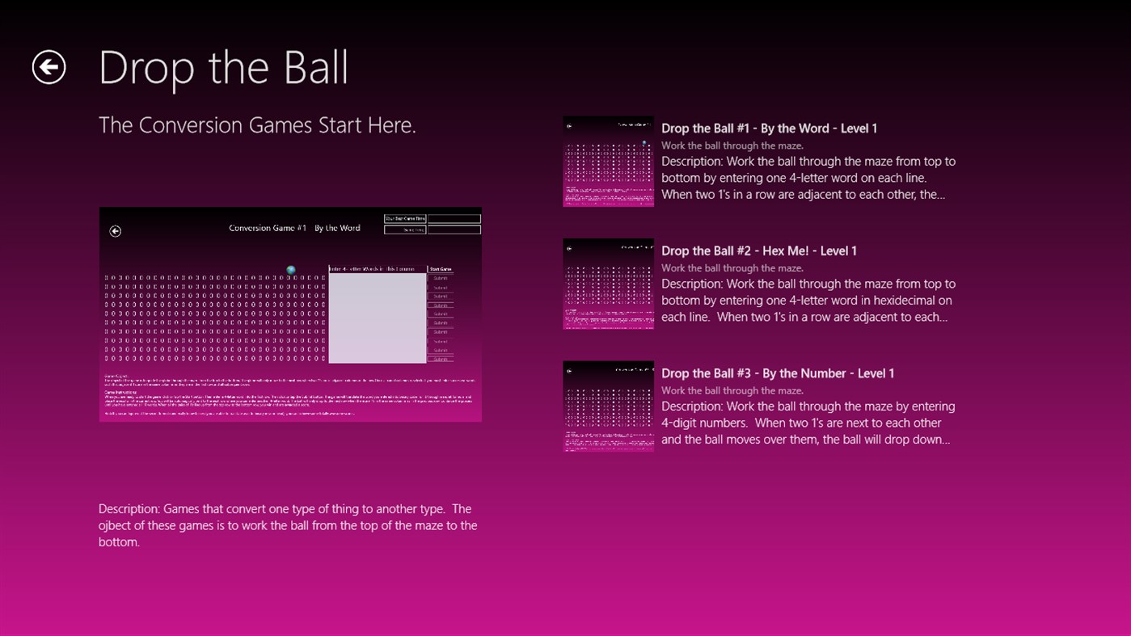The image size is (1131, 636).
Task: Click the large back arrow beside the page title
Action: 49,67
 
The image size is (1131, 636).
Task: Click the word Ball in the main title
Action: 310,68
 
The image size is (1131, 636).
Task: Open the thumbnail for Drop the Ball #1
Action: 608,161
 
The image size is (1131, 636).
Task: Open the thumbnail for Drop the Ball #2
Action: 608,284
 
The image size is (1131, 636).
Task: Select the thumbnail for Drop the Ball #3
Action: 608,406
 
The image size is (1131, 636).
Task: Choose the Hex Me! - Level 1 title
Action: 809,251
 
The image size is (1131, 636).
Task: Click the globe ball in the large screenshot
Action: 291,270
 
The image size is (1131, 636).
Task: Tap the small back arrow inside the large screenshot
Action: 116,231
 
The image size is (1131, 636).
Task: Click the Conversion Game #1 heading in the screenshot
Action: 294,228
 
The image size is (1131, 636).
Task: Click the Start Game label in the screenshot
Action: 441,269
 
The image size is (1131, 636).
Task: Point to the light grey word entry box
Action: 377,318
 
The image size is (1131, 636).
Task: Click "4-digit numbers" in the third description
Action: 707,423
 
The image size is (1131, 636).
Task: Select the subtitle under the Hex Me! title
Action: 732,268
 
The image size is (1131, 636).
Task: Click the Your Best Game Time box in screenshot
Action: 405,218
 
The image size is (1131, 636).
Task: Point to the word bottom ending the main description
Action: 119,542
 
